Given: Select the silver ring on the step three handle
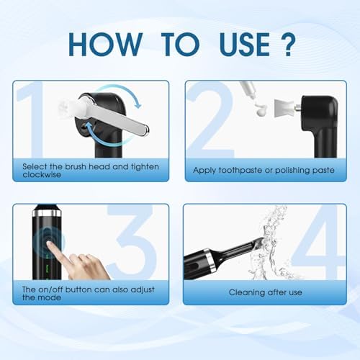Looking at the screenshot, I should click(x=45, y=214).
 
